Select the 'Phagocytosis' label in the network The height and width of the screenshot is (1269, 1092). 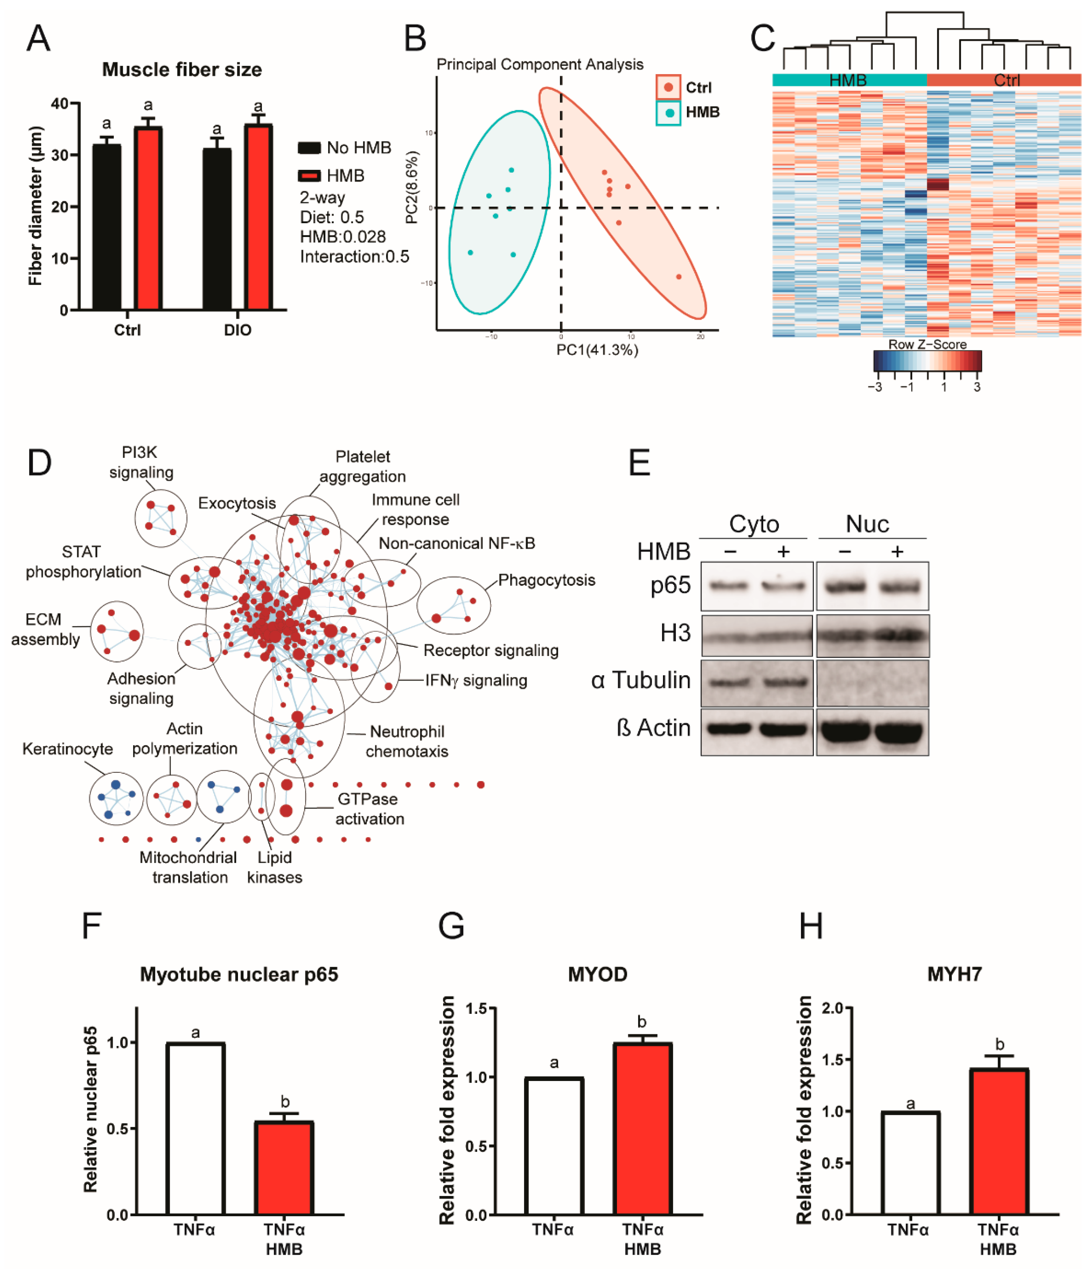546,580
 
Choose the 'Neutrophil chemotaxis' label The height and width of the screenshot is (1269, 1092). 407,741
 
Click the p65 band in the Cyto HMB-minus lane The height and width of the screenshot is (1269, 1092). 728,586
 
